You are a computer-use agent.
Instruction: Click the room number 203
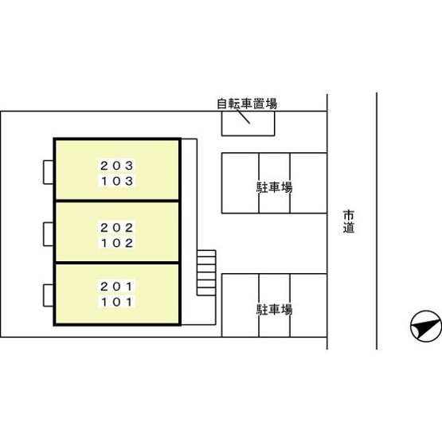[x=117, y=166]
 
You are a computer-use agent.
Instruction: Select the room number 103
[x=117, y=182]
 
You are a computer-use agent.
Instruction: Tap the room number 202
[x=117, y=228]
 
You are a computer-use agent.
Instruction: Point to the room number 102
[x=117, y=243]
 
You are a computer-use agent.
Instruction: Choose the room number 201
[x=117, y=287]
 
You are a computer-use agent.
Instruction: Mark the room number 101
[x=117, y=303]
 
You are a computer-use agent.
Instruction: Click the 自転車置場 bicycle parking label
[x=247, y=104]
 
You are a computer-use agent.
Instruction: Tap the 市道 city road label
[x=349, y=221]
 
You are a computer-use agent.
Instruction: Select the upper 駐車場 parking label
[x=274, y=187]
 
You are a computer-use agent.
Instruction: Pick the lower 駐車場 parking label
[x=274, y=309]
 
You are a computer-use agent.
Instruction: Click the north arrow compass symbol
[x=425, y=327]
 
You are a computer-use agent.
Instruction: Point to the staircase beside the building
[x=206, y=273]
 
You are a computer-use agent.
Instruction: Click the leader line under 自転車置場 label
[x=243, y=116]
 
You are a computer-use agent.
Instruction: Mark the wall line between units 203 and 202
[x=117, y=201]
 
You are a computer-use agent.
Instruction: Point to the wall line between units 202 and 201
[x=117, y=263]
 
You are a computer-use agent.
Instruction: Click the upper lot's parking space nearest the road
[x=308, y=183]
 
